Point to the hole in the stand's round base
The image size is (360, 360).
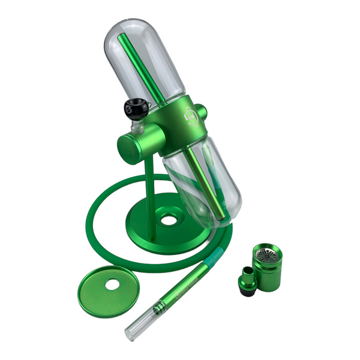pos(170,220)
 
